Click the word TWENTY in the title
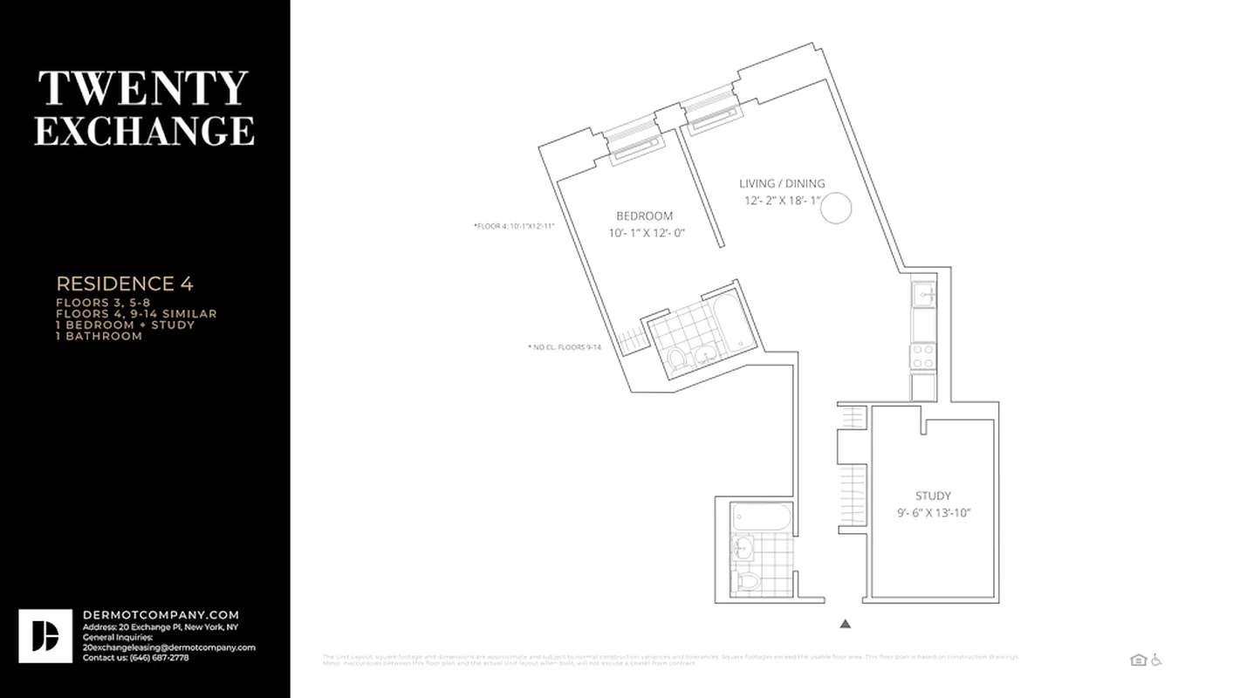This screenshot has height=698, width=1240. point(143,89)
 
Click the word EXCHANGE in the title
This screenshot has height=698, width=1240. point(144,130)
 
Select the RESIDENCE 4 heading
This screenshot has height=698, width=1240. point(125,284)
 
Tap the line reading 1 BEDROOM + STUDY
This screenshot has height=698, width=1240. point(125,325)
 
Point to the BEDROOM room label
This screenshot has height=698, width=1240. point(644,216)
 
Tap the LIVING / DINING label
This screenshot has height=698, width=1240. point(782,183)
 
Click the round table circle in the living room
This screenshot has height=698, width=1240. point(837,209)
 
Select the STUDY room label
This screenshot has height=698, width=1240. point(933,496)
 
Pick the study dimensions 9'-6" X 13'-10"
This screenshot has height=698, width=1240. point(933,513)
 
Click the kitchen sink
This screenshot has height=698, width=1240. point(923,295)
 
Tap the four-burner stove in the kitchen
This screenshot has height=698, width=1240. point(923,355)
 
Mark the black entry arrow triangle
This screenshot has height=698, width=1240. point(845,624)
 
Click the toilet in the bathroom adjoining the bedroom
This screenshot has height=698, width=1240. point(677,359)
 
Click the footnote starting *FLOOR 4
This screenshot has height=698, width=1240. point(514,226)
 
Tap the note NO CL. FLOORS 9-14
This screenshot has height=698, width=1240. point(565,347)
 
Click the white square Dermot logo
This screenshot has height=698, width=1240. point(45,636)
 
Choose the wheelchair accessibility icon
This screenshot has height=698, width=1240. point(1156,660)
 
